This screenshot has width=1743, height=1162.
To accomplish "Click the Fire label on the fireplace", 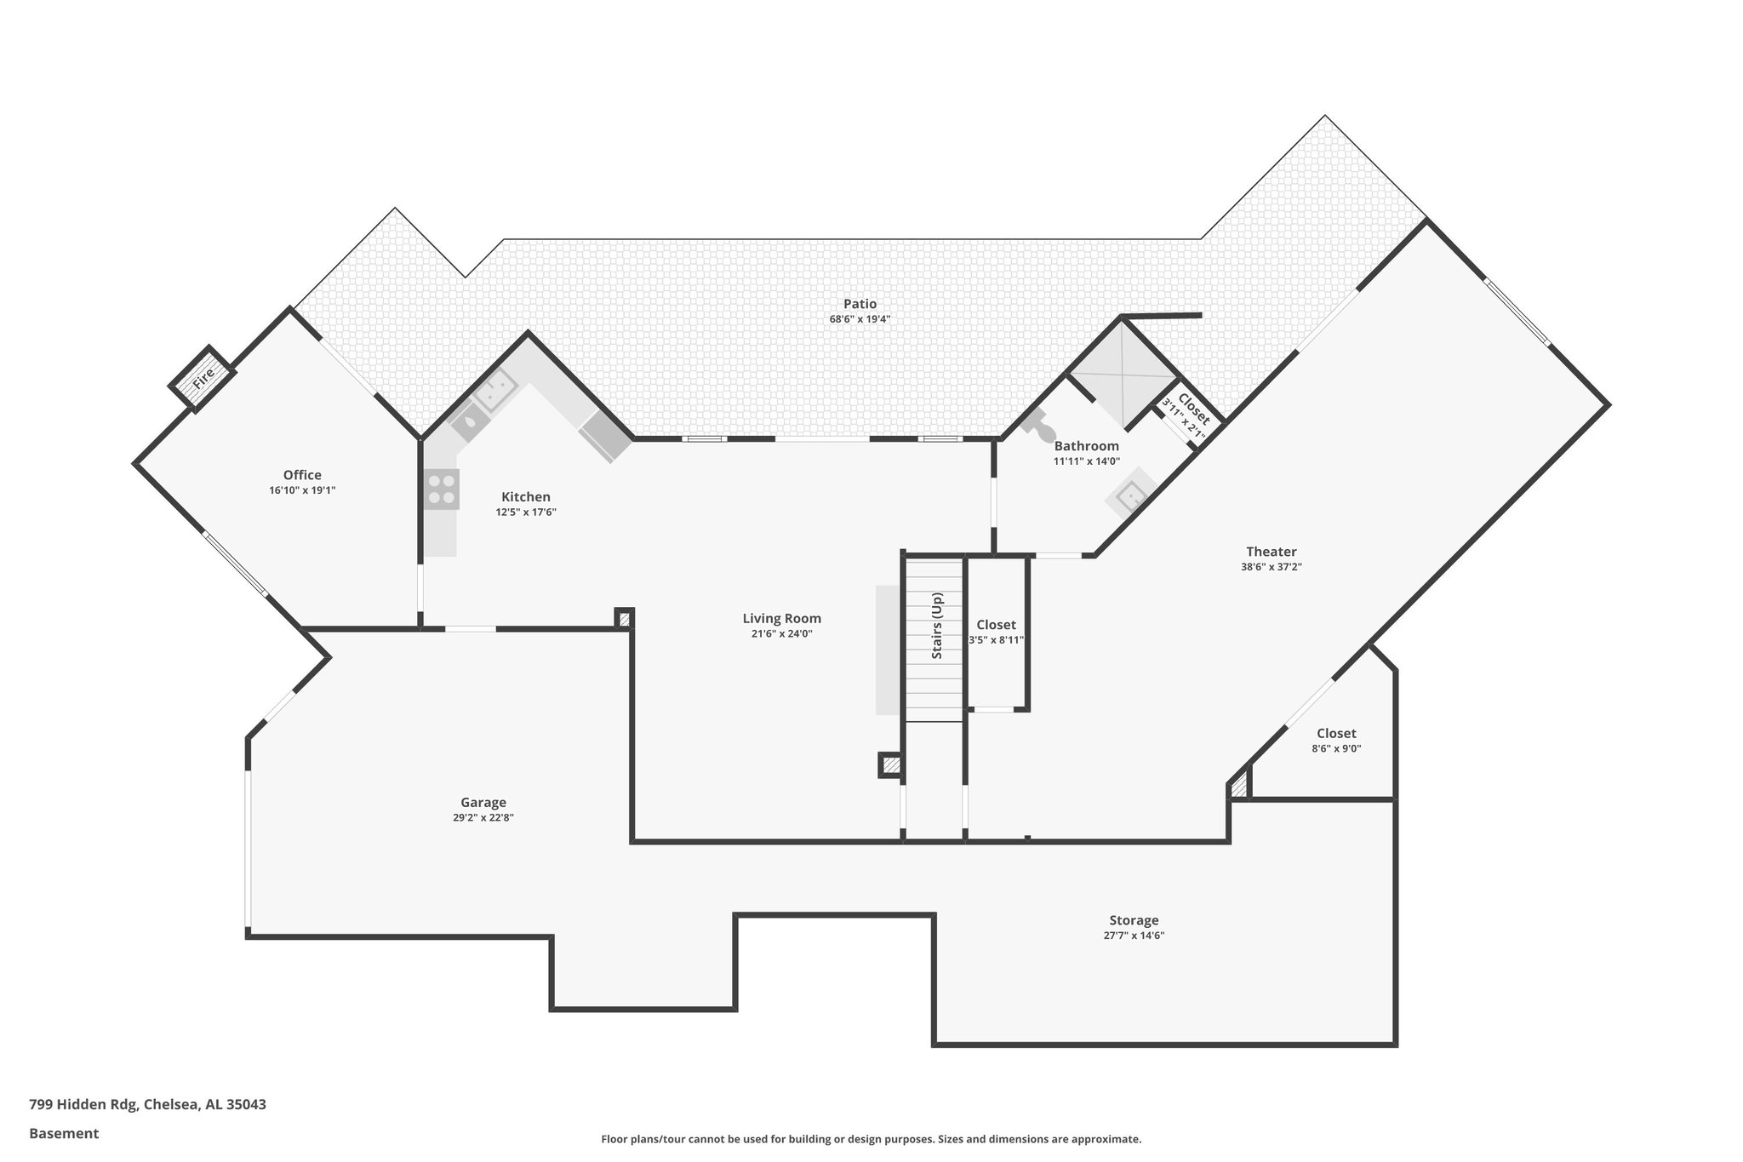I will (x=203, y=380).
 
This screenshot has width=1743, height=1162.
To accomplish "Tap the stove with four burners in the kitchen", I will (x=442, y=489).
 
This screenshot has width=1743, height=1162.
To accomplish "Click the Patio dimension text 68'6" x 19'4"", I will (x=860, y=319).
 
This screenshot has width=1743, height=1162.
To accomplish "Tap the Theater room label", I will (x=1271, y=552).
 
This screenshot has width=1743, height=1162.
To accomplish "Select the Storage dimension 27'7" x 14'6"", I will (x=1134, y=936).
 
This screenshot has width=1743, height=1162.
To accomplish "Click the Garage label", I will (x=483, y=802).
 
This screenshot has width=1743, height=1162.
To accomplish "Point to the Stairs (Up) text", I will (x=937, y=626).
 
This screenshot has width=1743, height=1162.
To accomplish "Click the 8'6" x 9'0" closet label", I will (x=1336, y=734).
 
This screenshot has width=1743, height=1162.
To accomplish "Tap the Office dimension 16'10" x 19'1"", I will (x=302, y=490).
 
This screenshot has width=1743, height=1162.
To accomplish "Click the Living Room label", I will (x=781, y=619).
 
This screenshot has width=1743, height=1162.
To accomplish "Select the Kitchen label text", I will (x=526, y=497).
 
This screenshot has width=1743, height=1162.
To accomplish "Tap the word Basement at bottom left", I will (x=64, y=1133).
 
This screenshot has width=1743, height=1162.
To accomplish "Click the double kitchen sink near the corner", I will (x=494, y=392).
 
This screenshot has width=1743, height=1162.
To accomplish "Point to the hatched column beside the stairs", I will (x=890, y=765).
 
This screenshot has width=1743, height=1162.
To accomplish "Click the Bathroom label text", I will (x=1086, y=446).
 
